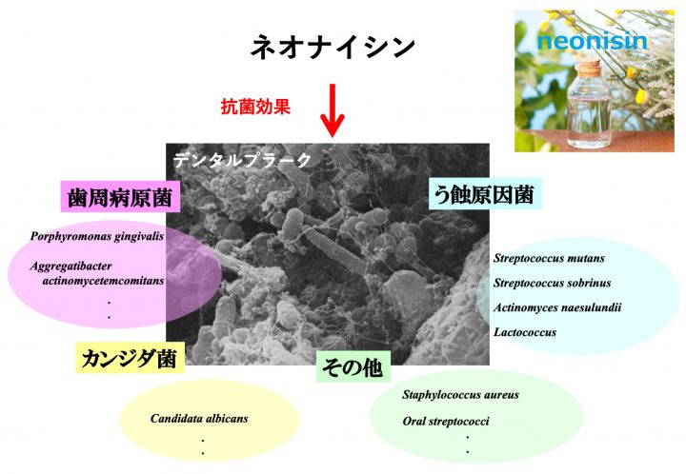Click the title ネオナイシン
pos(333,47)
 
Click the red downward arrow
pos(333,110)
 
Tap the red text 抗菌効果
pos(255,107)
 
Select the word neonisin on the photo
pos(592,41)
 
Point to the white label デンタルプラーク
pos(242,160)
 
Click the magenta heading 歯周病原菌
pos(120,197)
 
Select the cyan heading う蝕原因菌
pos(484,194)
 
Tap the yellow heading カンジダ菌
pos(130,359)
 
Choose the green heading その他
pos(353,367)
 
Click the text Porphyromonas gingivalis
pos(97,237)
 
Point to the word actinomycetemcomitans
pos(103,281)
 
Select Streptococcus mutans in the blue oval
pos(549,258)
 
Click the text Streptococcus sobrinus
pos(552,283)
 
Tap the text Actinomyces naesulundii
pos(557,307)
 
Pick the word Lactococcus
pos(525,332)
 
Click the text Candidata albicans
pos(199,419)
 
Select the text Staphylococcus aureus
pos(460,395)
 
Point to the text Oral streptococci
pos(446,422)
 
